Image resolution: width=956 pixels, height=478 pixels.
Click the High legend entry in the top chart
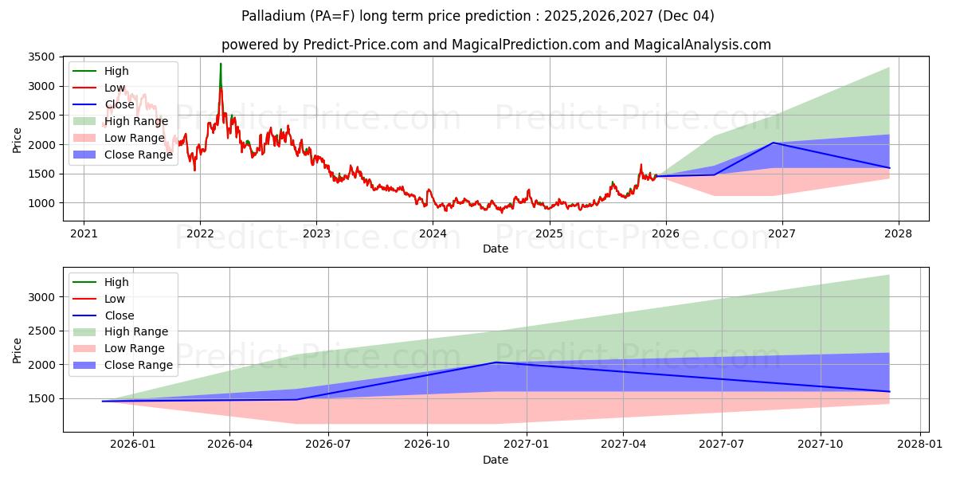[x=116, y=71]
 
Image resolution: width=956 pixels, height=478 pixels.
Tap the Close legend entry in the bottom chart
[x=119, y=315]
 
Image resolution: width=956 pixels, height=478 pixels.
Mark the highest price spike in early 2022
[x=221, y=64]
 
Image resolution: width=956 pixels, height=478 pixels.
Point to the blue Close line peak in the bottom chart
[x=496, y=362]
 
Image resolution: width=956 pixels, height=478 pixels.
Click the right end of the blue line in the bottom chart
[x=889, y=391]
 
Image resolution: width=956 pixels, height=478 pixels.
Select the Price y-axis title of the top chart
[x=18, y=140]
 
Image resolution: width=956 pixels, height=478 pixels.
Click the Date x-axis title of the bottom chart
[x=495, y=460]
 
